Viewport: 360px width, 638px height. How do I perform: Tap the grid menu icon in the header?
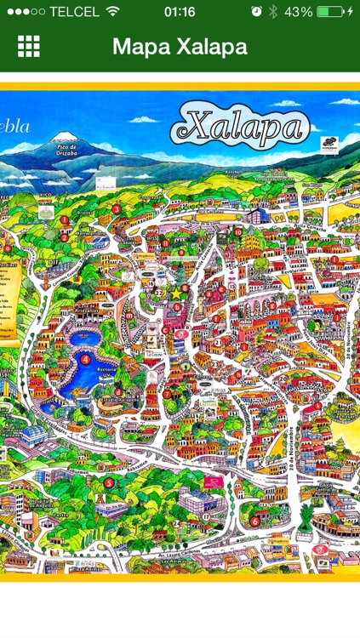[x=29, y=47]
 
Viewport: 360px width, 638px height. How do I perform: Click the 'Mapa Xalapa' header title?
[x=180, y=47]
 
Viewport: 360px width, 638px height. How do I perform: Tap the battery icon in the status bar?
[x=329, y=12]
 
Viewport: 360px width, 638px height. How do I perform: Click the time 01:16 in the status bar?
[x=180, y=12]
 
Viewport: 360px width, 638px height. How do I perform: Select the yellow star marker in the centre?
[x=176, y=293]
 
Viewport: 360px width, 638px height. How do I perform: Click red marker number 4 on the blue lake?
[x=85, y=360]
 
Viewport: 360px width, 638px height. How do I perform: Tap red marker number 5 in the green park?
[x=108, y=483]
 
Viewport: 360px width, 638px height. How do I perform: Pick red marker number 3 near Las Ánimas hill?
[x=116, y=208]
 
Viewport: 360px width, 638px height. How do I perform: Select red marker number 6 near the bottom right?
[x=255, y=521]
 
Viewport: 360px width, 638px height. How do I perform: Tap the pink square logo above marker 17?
[x=212, y=482]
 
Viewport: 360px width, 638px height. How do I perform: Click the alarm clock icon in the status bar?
[x=257, y=12]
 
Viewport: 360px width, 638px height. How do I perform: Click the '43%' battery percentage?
[x=298, y=12]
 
